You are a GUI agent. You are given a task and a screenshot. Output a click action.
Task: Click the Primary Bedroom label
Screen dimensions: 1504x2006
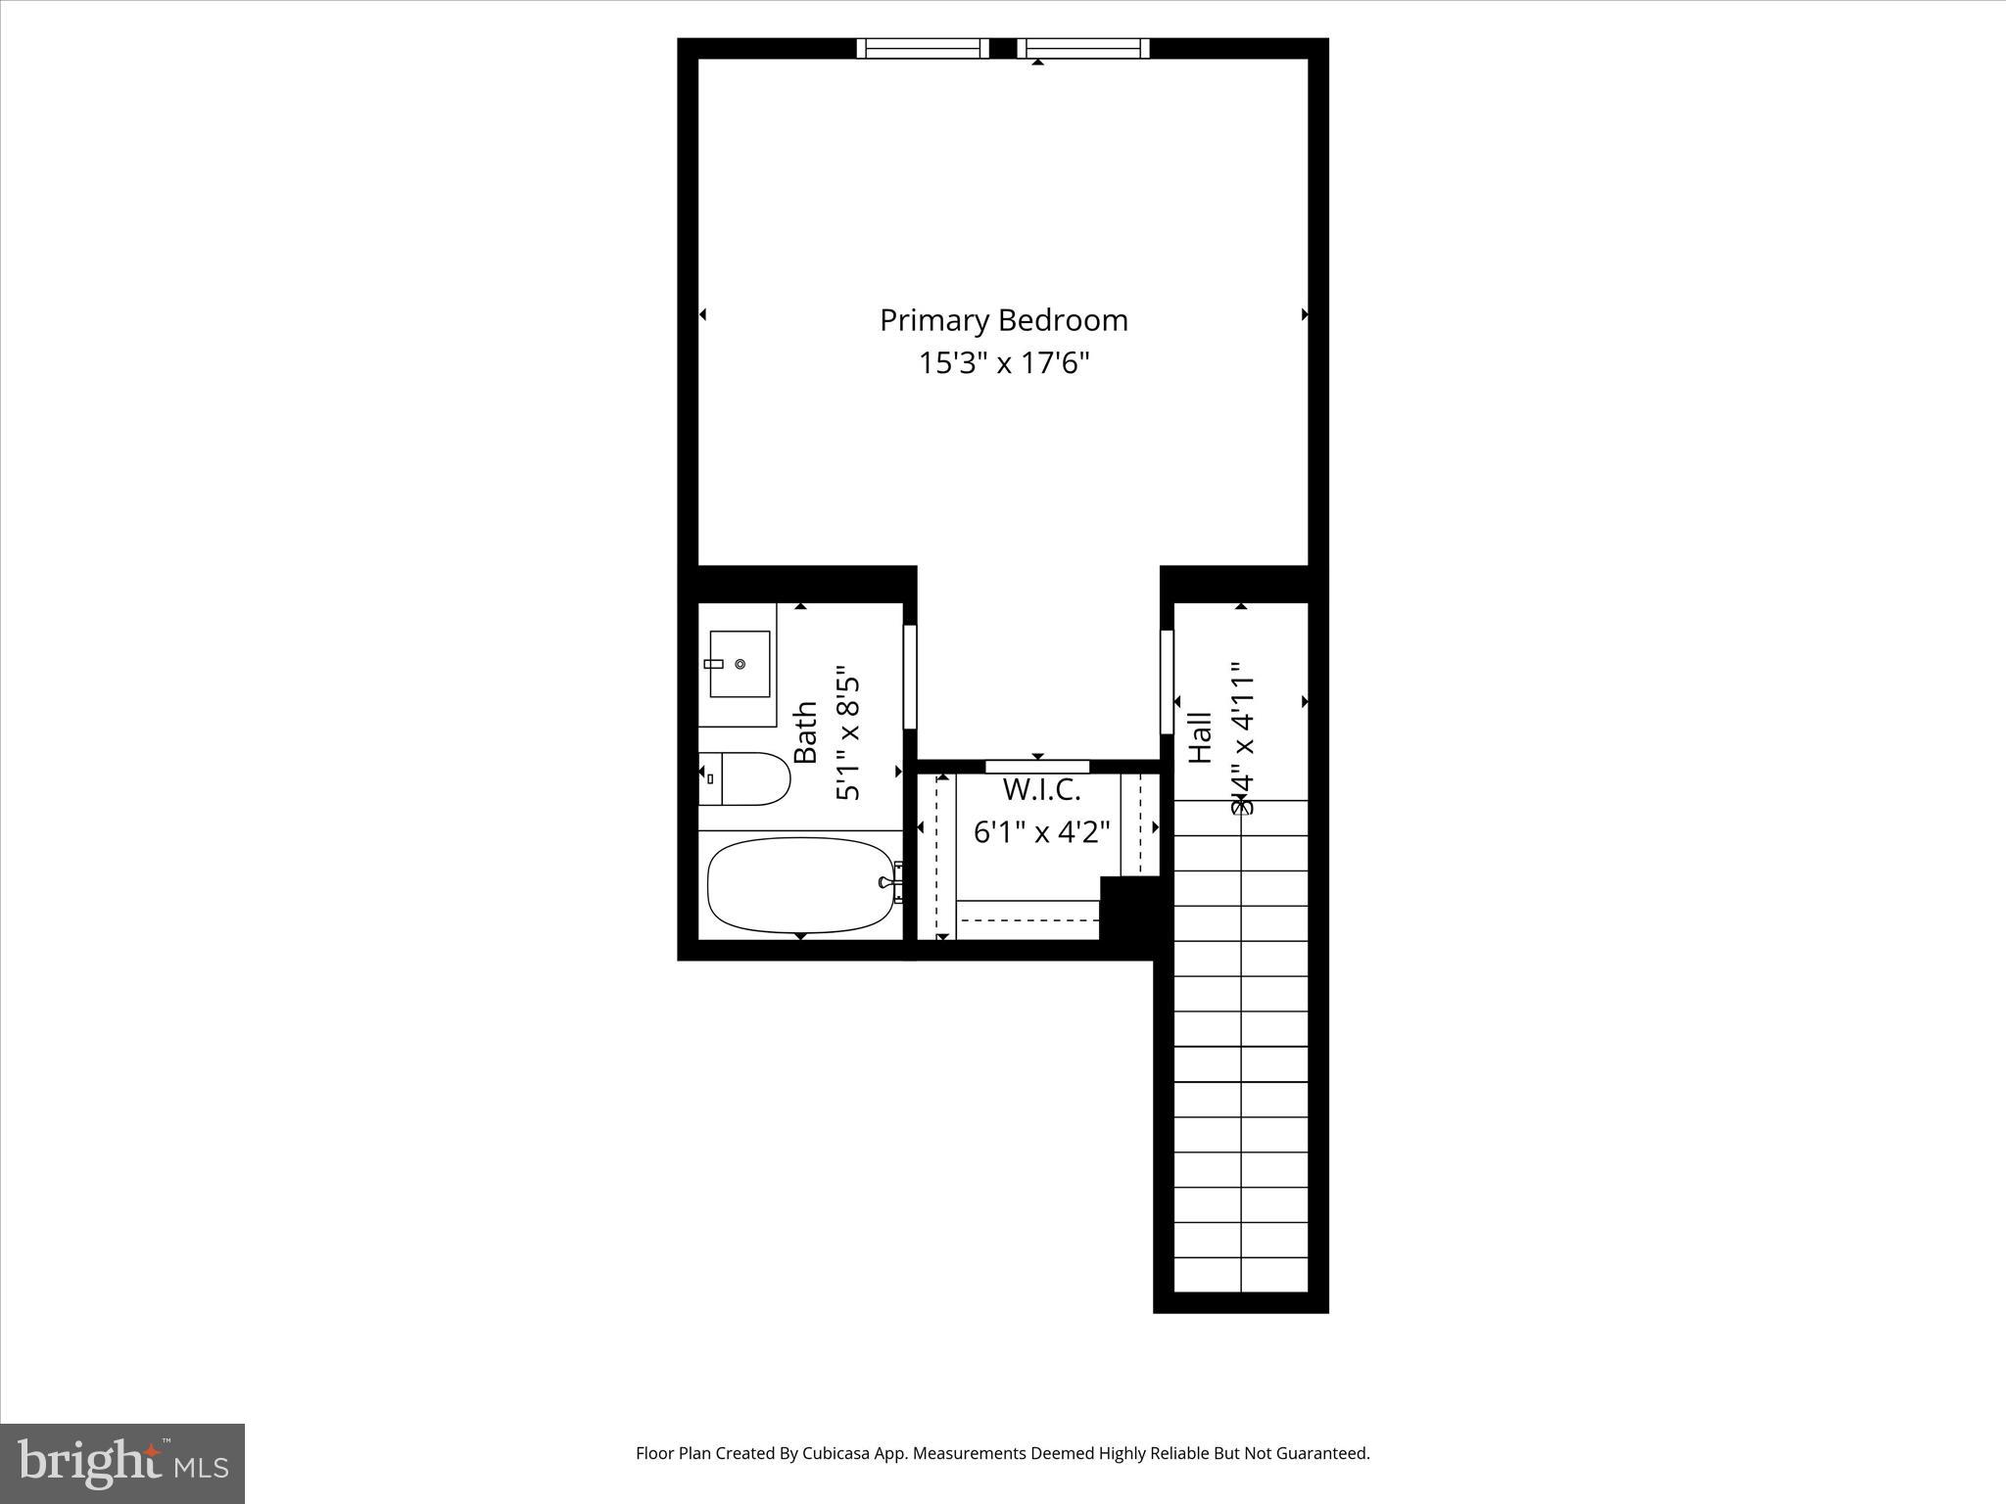point(1003,320)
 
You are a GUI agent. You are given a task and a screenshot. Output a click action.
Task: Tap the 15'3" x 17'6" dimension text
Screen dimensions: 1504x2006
point(1003,363)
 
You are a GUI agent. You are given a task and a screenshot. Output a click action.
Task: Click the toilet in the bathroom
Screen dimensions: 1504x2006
point(744,779)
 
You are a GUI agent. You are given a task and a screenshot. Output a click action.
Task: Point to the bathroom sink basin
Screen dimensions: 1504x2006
point(740,664)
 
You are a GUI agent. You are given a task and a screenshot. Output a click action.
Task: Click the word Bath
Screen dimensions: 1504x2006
point(805,732)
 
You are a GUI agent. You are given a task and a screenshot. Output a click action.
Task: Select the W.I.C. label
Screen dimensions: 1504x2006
point(1040,788)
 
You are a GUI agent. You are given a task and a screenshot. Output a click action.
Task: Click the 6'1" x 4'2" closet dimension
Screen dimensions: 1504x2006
point(1040,832)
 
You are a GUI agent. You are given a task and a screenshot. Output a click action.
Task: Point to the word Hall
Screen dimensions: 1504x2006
point(1200,737)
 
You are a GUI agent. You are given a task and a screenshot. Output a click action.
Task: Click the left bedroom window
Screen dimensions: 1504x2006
point(922,48)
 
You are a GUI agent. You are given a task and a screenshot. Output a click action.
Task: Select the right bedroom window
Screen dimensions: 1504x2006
point(1082,48)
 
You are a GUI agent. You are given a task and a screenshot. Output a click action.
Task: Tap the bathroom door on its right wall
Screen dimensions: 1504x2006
point(909,677)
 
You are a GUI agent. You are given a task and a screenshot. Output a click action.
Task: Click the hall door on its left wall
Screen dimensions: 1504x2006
point(1167,681)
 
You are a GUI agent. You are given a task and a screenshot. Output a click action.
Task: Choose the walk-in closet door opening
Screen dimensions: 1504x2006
point(1037,766)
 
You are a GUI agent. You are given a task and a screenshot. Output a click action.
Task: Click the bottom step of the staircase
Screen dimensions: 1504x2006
point(1241,1274)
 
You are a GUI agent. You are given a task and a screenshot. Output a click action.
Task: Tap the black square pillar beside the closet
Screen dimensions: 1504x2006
point(1131,907)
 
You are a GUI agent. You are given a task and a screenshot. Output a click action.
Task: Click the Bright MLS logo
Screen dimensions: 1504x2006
point(122,1463)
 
